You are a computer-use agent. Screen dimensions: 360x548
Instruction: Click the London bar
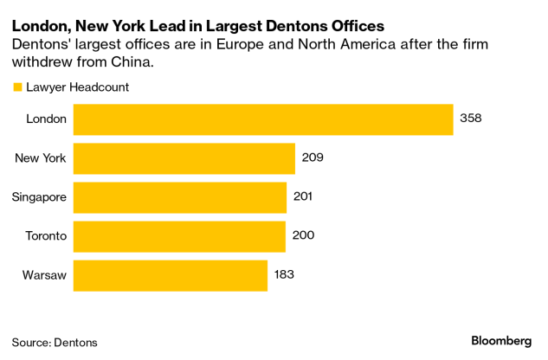tap(263, 119)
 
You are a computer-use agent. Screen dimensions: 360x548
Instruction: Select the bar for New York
tap(184, 158)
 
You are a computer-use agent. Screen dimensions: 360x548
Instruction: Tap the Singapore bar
tap(180, 197)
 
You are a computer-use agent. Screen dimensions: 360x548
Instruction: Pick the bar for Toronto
tap(179, 236)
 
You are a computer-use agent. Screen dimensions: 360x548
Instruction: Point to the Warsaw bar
tap(171, 275)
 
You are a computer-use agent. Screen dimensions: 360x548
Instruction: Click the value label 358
tap(470, 119)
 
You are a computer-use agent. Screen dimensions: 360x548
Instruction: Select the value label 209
tap(313, 158)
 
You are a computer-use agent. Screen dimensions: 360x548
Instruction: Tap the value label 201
tap(303, 197)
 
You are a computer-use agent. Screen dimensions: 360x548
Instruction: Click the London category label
tap(47, 119)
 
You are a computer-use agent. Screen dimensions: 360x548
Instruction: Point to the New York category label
tap(41, 158)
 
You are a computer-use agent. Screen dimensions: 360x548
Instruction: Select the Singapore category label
tap(39, 197)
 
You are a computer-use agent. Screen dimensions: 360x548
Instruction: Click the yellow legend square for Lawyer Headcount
tap(16, 87)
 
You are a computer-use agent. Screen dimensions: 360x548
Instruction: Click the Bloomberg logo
tap(501, 341)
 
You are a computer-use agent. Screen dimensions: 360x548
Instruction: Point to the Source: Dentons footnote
tap(55, 343)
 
